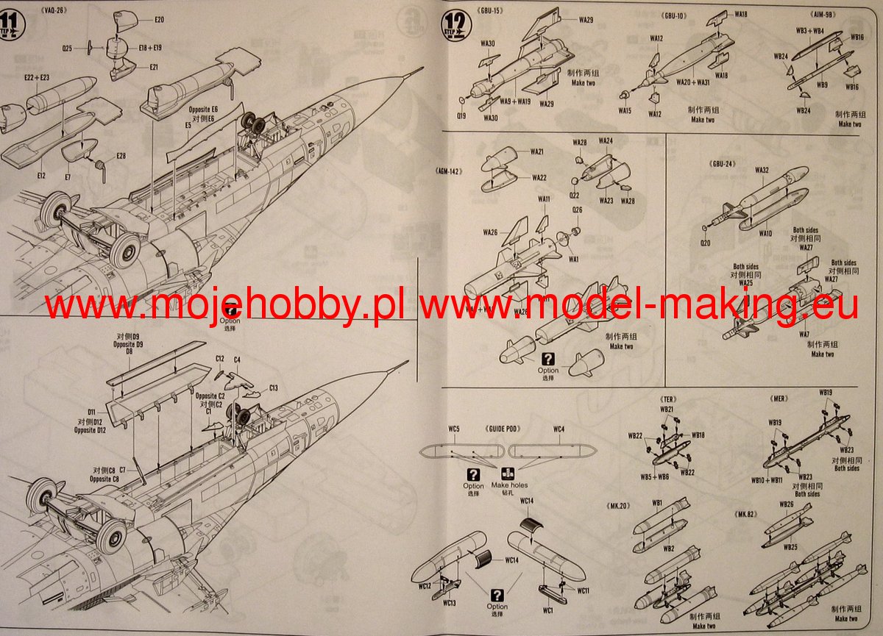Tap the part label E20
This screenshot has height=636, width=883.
click(160, 18)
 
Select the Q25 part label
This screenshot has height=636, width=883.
click(67, 49)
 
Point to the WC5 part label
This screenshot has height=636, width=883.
click(453, 429)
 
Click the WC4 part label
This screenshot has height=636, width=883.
click(558, 429)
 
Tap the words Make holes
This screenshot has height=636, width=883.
click(509, 485)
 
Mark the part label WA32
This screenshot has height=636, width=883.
click(762, 170)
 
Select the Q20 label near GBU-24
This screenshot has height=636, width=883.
click(706, 243)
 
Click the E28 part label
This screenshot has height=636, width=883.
click(121, 156)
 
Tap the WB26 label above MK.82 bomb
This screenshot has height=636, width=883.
click(786, 504)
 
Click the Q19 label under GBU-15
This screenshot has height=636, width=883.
click(461, 115)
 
